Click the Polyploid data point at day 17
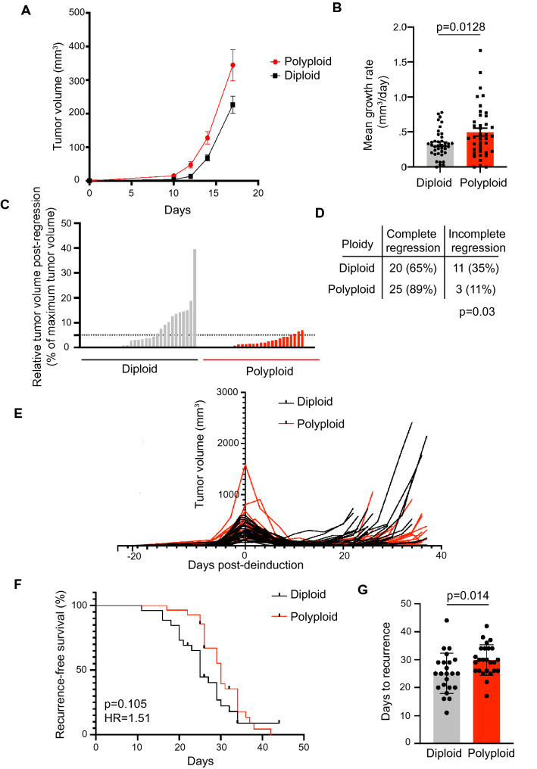tap(233, 65)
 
